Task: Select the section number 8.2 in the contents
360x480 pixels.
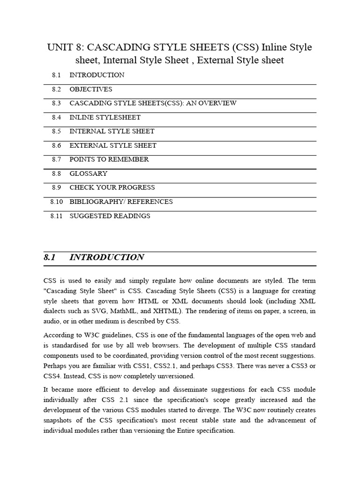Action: pyautogui.click(x=56, y=89)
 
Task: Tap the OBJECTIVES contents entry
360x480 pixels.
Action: pyautogui.click(x=91, y=89)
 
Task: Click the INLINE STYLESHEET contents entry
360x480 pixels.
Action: pyautogui.click(x=105, y=117)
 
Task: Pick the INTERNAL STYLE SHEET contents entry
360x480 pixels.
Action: pyautogui.click(x=112, y=131)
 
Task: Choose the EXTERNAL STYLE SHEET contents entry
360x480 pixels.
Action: pyautogui.click(x=113, y=145)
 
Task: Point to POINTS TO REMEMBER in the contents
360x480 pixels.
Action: pyautogui.click(x=109, y=159)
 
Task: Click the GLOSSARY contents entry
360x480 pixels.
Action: pyautogui.click(x=89, y=173)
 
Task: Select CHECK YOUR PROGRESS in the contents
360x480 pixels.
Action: pyautogui.click(x=112, y=187)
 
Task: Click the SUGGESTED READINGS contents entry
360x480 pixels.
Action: pyautogui.click(x=110, y=216)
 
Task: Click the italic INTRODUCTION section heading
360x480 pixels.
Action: pyautogui.click(x=107, y=257)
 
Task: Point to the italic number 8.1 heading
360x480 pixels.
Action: pyautogui.click(x=50, y=257)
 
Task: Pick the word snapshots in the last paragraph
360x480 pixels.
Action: pyautogui.click(x=59, y=420)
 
